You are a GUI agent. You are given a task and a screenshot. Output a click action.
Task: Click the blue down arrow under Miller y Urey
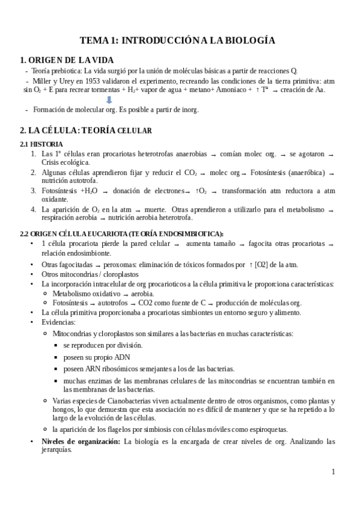109,100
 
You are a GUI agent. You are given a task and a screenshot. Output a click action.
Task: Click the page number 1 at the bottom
333,472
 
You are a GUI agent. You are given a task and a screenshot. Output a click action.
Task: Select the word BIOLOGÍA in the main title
249,40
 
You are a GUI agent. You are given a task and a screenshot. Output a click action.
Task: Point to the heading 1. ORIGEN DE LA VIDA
66,60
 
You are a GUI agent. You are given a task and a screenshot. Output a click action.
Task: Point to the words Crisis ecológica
66,162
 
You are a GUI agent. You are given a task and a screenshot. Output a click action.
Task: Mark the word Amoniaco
230,90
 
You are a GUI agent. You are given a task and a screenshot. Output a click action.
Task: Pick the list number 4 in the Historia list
34,209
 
